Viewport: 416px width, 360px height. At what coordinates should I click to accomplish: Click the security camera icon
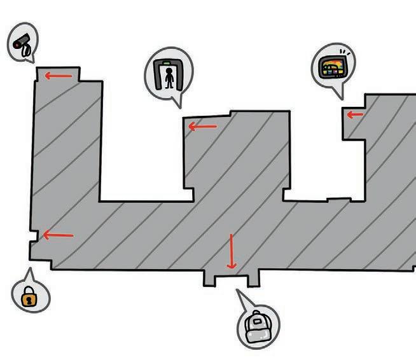coord(23,45)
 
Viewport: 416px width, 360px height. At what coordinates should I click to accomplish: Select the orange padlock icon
coord(29,296)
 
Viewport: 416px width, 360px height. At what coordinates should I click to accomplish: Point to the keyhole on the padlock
coord(29,299)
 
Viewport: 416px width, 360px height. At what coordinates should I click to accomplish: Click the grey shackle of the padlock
coord(29,291)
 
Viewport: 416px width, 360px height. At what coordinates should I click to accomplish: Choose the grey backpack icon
coord(257,326)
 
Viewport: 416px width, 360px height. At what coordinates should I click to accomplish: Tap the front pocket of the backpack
coord(257,333)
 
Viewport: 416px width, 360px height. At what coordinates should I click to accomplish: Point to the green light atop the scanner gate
coord(167,63)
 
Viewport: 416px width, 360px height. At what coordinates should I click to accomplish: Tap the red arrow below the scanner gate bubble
coord(203,127)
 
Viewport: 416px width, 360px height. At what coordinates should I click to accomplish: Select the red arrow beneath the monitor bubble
coord(355,115)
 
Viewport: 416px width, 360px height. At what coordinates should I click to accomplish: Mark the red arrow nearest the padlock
coord(58,235)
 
